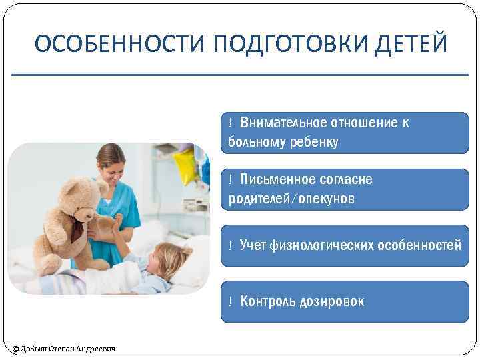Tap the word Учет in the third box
click(x=253, y=246)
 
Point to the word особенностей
click(x=419, y=246)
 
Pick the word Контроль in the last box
click(x=267, y=301)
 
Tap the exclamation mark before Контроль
click(x=229, y=301)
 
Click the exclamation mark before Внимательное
click(x=229, y=123)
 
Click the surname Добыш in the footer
click(x=35, y=349)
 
